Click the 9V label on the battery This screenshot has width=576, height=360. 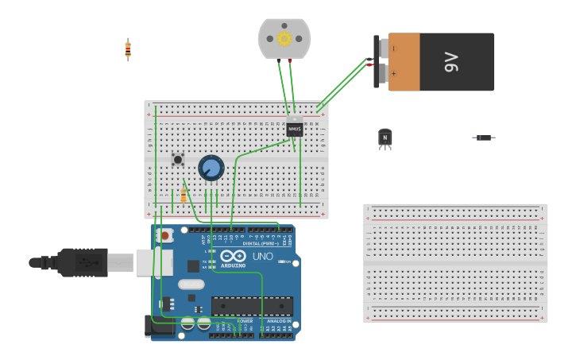coord(451,62)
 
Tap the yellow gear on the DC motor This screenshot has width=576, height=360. coord(284,38)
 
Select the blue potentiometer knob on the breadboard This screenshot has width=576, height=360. coord(211,168)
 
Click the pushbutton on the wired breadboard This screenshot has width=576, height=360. coord(178,160)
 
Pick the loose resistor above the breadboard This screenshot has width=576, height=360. coord(128,49)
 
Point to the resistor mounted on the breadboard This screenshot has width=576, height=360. coord(184,195)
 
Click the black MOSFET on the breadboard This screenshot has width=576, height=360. coord(295,127)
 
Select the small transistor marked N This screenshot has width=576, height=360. coord(385,138)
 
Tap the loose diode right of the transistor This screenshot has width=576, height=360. coord(483,137)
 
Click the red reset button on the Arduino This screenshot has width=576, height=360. coord(164,235)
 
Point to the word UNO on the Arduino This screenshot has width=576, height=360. coord(262,257)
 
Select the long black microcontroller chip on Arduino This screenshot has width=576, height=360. coord(252,306)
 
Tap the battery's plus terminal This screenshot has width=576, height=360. coord(384,74)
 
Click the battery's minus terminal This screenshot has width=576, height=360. coord(384,48)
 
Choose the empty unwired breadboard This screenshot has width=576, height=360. coord(455,263)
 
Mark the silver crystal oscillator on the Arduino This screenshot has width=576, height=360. coord(191,285)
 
